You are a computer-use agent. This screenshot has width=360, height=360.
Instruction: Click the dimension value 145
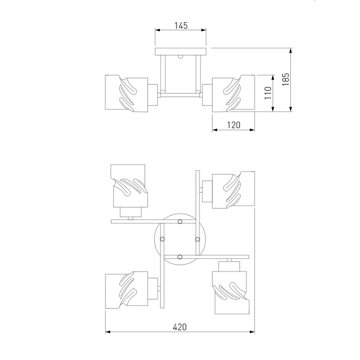click(x=181, y=26)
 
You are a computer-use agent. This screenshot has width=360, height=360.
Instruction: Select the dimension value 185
click(x=286, y=79)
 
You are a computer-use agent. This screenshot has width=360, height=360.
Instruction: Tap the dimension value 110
click(x=267, y=93)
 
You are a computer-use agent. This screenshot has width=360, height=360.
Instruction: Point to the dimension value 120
click(x=234, y=125)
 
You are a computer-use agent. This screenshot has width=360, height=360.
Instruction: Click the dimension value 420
click(x=180, y=327)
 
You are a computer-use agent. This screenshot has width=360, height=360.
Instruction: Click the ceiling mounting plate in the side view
click(x=181, y=51)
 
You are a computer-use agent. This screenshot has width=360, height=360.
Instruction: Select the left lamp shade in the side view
click(x=126, y=94)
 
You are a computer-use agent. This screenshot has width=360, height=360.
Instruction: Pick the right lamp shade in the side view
click(x=233, y=94)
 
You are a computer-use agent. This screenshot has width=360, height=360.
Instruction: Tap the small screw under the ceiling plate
click(x=181, y=57)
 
